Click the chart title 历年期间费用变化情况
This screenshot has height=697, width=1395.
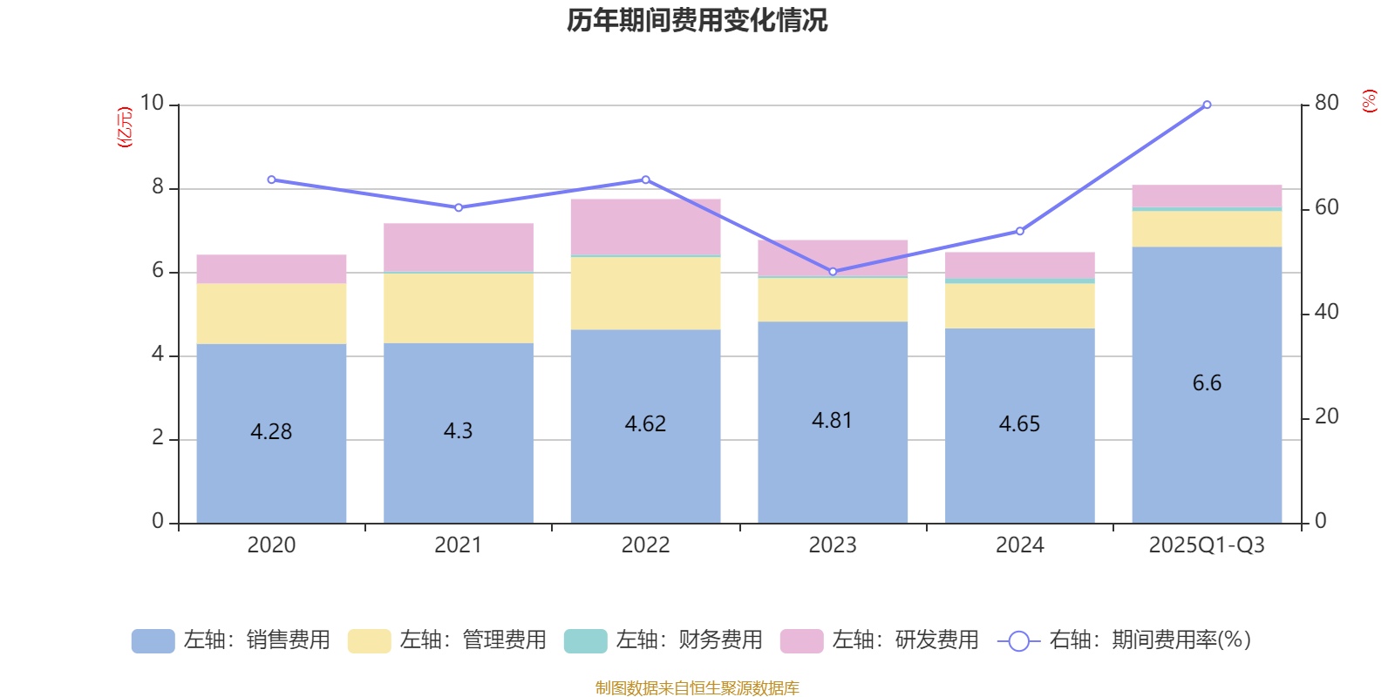point(697,20)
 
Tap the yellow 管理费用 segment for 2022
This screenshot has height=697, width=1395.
point(645,293)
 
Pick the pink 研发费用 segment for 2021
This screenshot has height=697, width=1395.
point(459,247)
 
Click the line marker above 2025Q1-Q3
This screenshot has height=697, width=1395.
point(1207,105)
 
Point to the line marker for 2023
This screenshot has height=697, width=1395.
point(833,272)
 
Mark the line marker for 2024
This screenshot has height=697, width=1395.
point(1020,232)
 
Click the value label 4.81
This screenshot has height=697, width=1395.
point(832,421)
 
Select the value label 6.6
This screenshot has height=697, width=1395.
point(1207,383)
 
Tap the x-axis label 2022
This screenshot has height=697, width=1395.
point(645,545)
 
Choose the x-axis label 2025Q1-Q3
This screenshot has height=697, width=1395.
point(1207,545)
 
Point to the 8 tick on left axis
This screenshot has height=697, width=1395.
point(158,187)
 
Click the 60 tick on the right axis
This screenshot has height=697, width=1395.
point(1326,207)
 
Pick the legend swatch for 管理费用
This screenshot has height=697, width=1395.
point(369,641)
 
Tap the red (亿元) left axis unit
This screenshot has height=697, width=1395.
point(125,127)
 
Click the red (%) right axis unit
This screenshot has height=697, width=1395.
point(1370,101)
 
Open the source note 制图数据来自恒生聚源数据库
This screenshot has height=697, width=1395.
point(697,688)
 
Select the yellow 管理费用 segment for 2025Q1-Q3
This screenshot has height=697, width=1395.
point(1207,229)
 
